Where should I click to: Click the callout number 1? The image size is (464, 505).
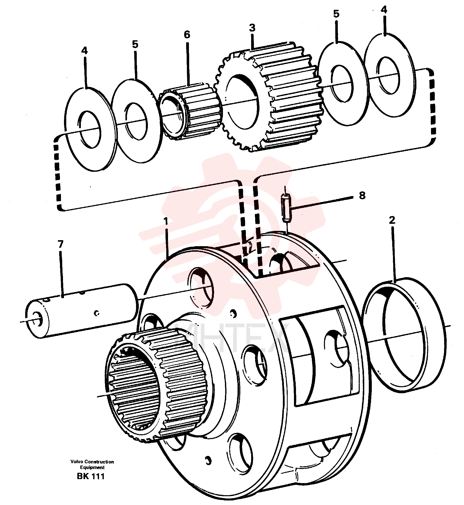pyautogui.click(x=165, y=221)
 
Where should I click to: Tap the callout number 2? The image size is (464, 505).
pyautogui.click(x=392, y=220)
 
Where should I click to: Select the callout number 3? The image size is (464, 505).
pyautogui.click(x=252, y=28)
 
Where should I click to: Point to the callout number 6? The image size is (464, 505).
pyautogui.click(x=187, y=34)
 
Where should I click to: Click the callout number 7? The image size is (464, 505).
pyautogui.click(x=60, y=244)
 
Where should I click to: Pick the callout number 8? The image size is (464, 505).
pyautogui.click(x=362, y=195)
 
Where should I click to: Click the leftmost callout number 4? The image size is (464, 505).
pyautogui.click(x=84, y=51)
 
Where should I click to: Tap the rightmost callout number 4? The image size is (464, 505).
pyautogui.click(x=384, y=10)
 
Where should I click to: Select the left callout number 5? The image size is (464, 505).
pyautogui.click(x=135, y=44)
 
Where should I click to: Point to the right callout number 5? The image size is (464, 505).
pyautogui.click(x=336, y=14)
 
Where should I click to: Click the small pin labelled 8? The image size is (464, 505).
pyautogui.click(x=286, y=208)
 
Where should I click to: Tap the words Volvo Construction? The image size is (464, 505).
pyautogui.click(x=92, y=462)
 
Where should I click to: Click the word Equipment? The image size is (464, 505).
pyautogui.click(x=92, y=467)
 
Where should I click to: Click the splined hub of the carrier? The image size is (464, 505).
pyautogui.click(x=156, y=386)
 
